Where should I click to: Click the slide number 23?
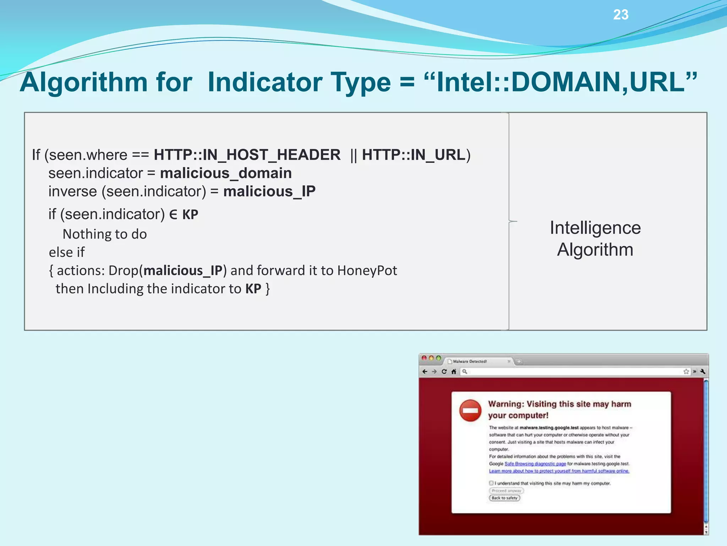(621, 15)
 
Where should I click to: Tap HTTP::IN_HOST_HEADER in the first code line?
(247, 155)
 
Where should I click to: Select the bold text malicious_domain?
(226, 173)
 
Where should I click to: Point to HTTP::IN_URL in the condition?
(414, 155)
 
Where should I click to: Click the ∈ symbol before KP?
(173, 215)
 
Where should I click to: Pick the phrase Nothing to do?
(105, 234)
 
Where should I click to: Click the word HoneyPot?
(367, 271)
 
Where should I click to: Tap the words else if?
(67, 252)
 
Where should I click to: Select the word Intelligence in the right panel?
(595, 228)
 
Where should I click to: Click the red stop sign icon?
(470, 411)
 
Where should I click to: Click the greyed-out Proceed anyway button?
(506, 491)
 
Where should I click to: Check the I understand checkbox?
(491, 483)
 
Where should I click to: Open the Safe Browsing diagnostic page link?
(535, 464)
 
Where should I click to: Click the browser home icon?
(454, 371)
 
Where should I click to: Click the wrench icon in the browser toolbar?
(703, 371)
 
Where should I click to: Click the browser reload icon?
(444, 371)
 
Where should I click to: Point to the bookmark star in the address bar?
(686, 371)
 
